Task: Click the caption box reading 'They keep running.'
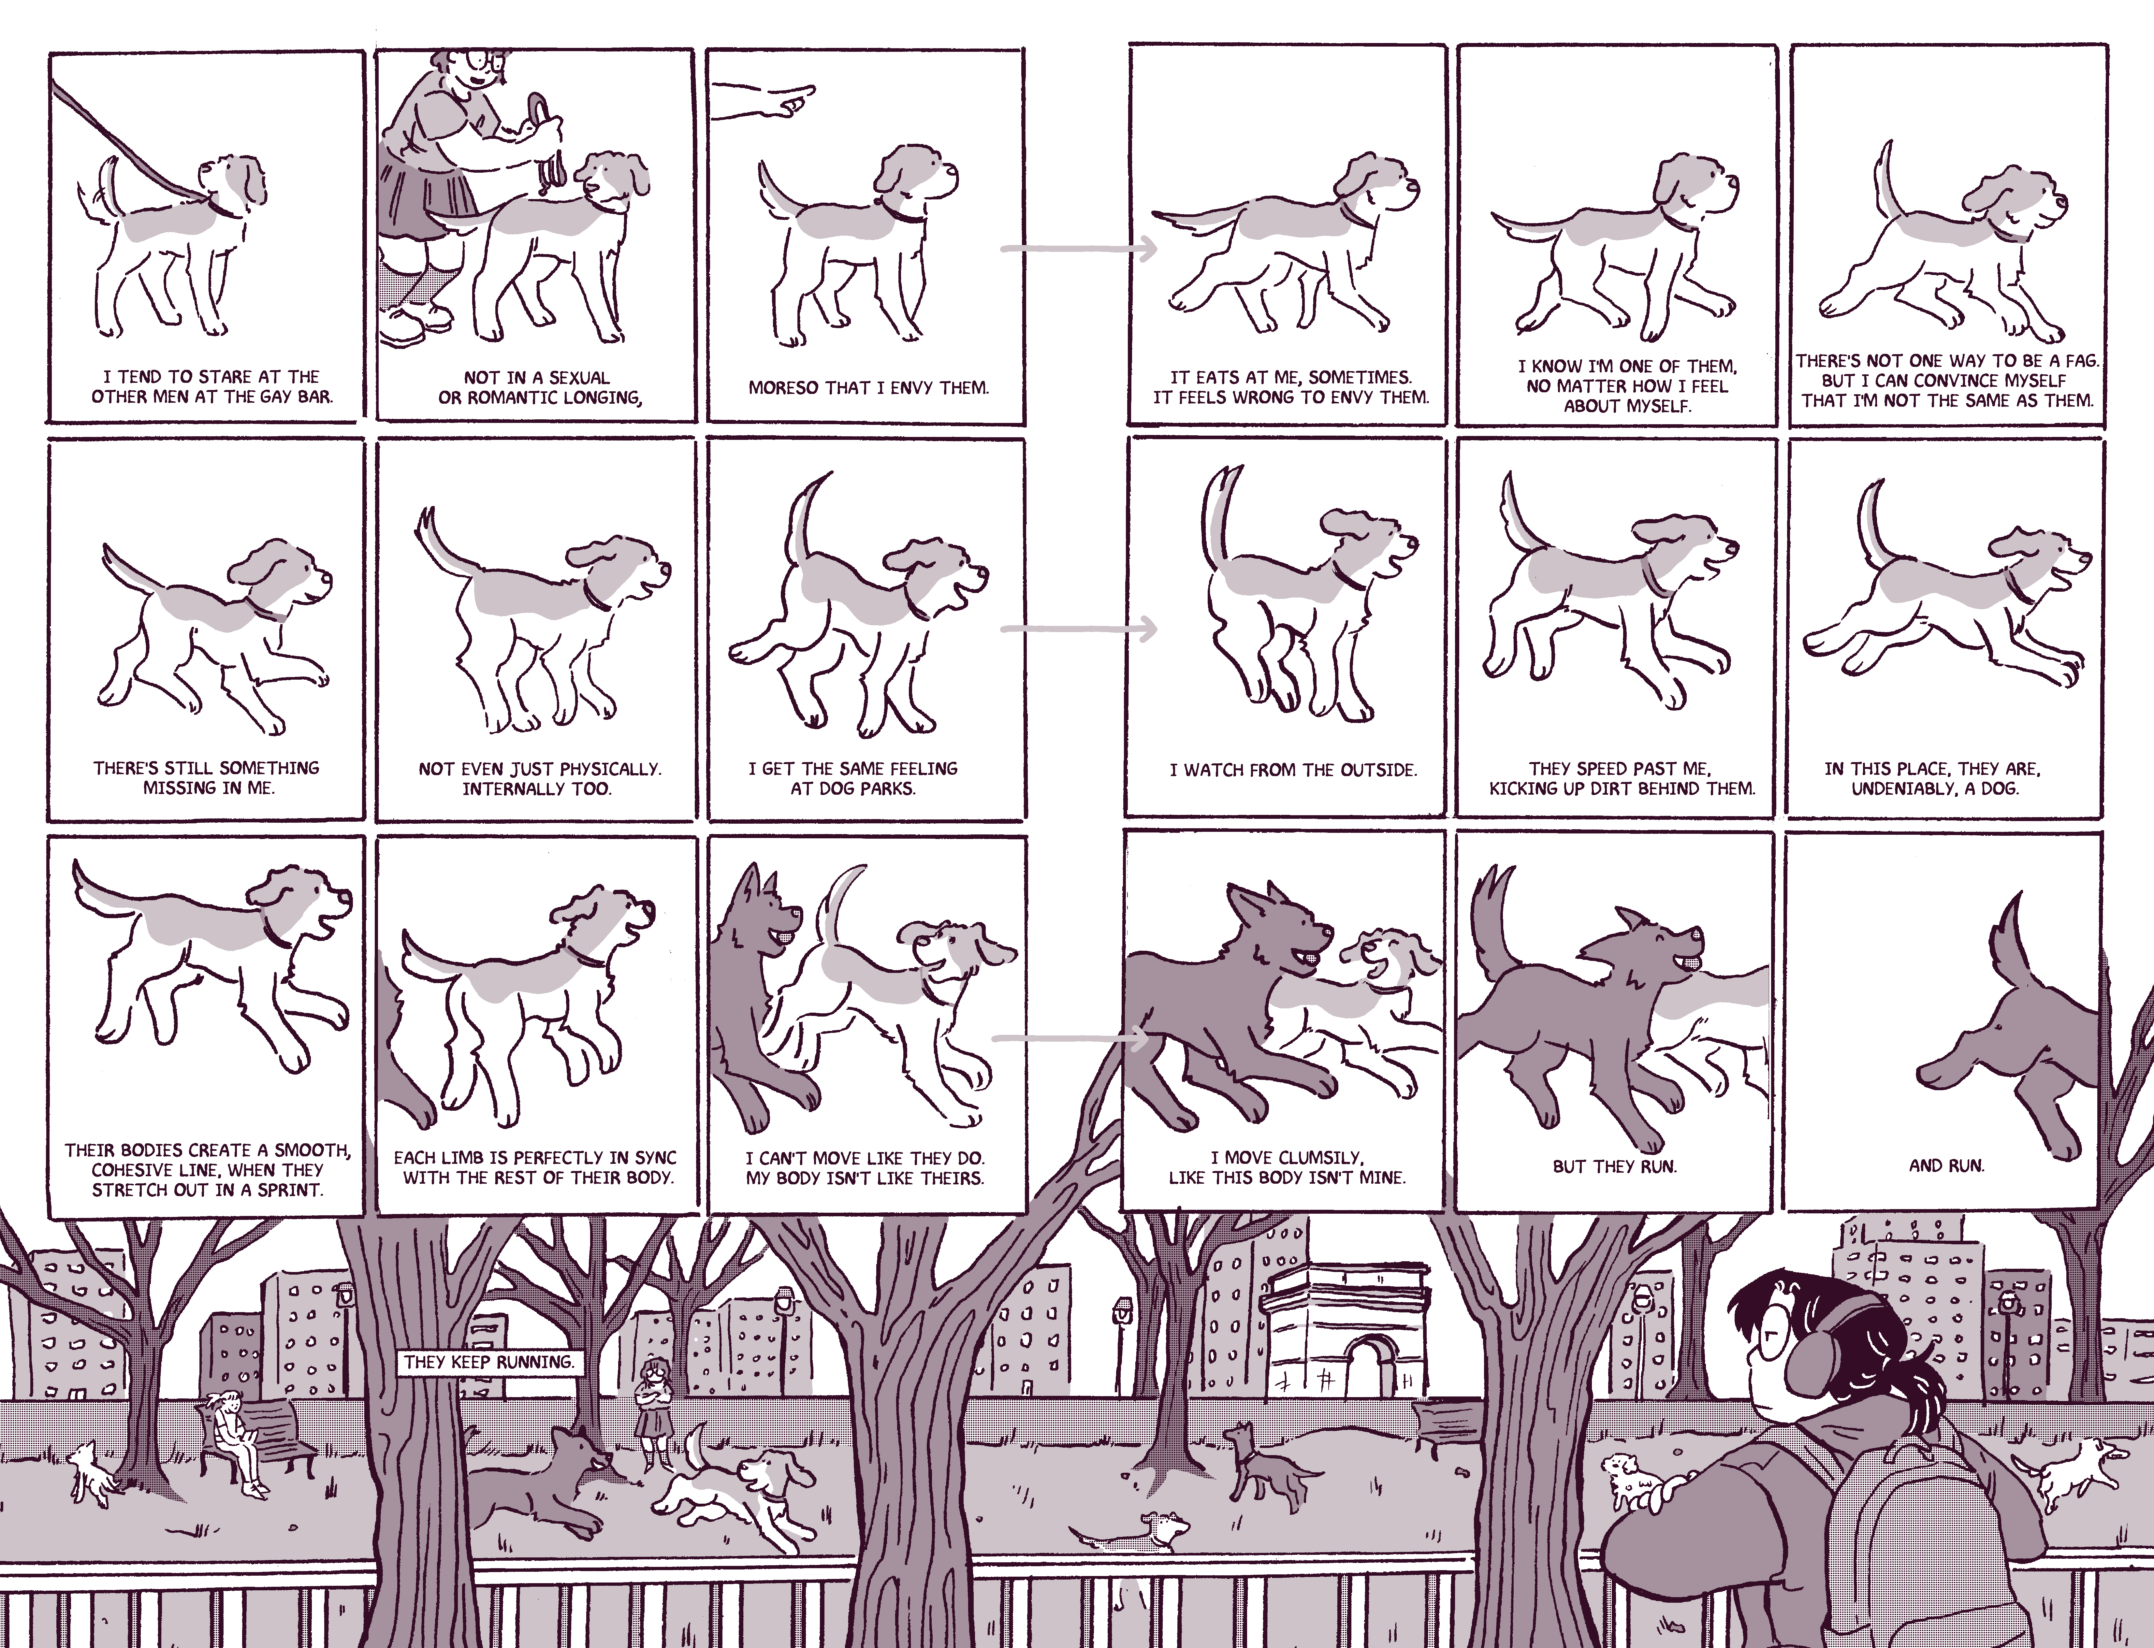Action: tap(488, 1362)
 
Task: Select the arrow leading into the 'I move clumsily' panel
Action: tap(1071, 1037)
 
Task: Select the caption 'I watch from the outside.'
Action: tap(1293, 770)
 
